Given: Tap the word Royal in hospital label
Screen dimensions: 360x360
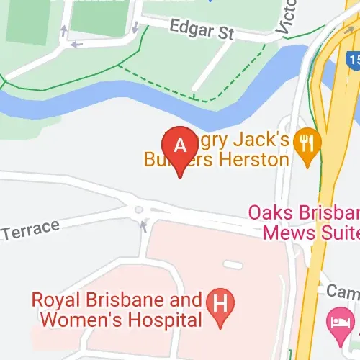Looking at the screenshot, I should [x=54, y=300].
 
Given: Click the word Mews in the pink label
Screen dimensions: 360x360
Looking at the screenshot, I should [x=285, y=233].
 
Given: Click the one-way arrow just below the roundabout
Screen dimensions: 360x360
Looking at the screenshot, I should [x=144, y=226].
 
